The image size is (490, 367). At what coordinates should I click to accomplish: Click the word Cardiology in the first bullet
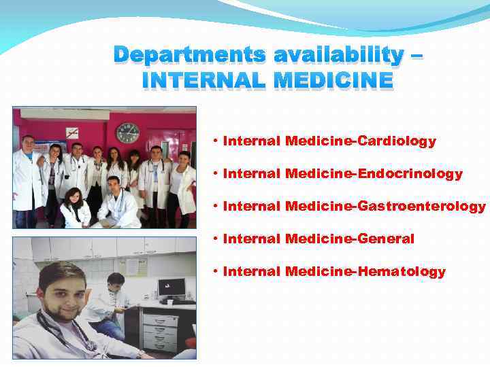(396, 141)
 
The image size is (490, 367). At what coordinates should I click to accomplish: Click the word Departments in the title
(183, 54)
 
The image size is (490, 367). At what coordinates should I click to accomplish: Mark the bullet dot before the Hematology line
(214, 272)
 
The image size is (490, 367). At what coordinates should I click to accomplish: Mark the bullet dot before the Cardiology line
(214, 141)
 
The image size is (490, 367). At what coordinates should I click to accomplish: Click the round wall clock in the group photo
(127, 133)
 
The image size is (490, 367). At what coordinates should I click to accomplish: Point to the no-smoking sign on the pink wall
(72, 133)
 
